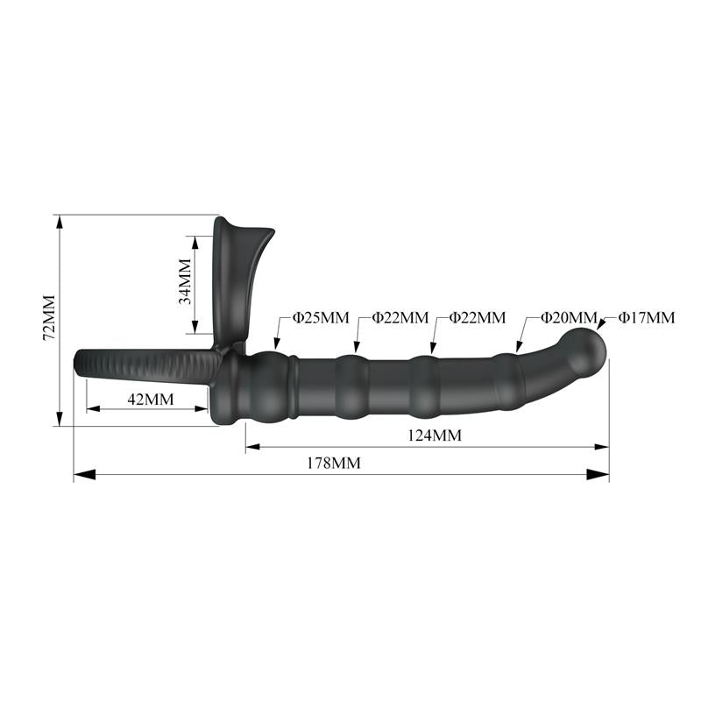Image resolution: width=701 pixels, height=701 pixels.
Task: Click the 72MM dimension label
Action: pos(49,317)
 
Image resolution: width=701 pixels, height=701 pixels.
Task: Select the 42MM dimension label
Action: pos(150,400)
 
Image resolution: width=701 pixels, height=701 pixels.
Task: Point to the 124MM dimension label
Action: pos(434,435)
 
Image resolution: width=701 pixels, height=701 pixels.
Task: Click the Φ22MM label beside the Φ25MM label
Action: pos(400,317)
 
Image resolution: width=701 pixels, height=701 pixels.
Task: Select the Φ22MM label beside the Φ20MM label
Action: pos(477,317)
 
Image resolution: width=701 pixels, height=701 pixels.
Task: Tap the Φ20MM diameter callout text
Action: pos(568,317)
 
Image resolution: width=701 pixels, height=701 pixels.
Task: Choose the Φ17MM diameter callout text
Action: pos(647,317)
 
